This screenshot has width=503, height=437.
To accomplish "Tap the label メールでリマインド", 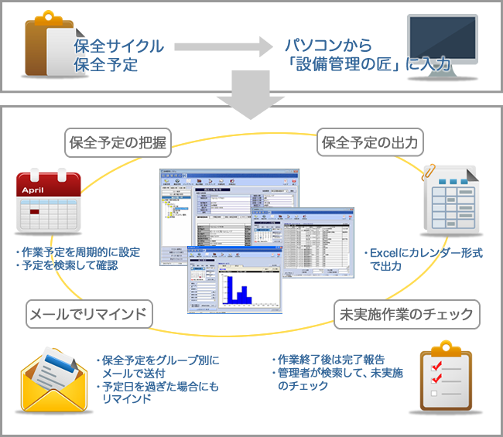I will (x=90, y=314).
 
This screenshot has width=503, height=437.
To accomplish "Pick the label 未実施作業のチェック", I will (x=407, y=314).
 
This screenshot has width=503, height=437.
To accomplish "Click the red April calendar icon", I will (x=47, y=203).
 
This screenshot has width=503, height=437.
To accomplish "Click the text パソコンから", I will (x=323, y=46).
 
